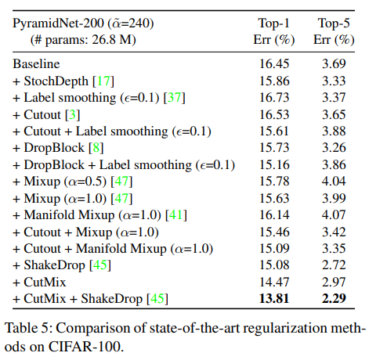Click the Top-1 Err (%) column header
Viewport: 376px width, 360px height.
[274, 31]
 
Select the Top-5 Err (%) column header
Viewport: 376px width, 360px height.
[334, 31]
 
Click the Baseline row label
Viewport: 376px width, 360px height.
[36, 64]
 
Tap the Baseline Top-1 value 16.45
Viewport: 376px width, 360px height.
[274, 64]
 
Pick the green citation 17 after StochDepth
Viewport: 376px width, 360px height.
[103, 81]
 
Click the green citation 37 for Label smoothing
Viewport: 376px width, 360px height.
[175, 98]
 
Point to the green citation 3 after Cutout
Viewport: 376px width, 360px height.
[73, 115]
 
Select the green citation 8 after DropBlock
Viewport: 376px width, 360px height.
[96, 148]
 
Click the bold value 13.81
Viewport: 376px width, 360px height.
[274, 298]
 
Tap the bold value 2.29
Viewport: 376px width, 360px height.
[334, 298]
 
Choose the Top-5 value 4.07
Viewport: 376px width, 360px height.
[334, 215]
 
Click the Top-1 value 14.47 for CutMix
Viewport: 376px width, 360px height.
[274, 282]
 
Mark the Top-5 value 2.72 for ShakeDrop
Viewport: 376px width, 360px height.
[334, 265]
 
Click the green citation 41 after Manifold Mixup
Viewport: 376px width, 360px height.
[176, 215]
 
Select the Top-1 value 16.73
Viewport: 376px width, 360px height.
[274, 98]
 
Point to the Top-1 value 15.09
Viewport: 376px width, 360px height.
[274, 248]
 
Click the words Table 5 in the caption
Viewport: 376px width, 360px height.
[27, 328]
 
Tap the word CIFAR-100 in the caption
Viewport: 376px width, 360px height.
[86, 347]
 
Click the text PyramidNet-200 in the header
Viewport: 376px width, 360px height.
[58, 23]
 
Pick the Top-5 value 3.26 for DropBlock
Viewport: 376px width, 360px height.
[334, 148]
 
